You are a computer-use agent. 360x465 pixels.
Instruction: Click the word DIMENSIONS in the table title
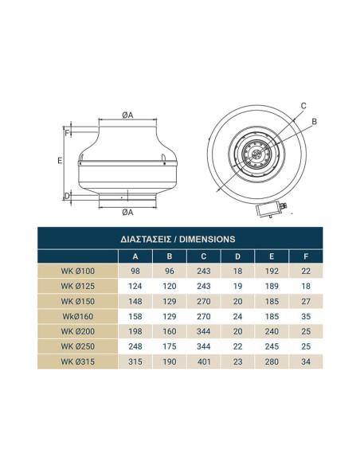(x=207, y=239)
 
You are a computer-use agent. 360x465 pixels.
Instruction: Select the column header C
(x=203, y=256)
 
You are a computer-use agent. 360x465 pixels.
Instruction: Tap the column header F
(x=306, y=256)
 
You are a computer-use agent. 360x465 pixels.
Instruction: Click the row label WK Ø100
(x=78, y=271)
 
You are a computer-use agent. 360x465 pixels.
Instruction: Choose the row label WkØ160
(x=78, y=316)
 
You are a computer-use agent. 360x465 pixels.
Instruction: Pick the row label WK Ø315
(x=78, y=361)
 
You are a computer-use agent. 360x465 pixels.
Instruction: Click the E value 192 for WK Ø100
(x=272, y=271)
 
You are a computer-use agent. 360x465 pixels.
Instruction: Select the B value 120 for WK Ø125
(x=170, y=286)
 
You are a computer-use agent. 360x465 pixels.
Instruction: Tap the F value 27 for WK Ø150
(x=306, y=301)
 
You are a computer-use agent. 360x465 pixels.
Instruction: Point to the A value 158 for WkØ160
(x=135, y=316)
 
